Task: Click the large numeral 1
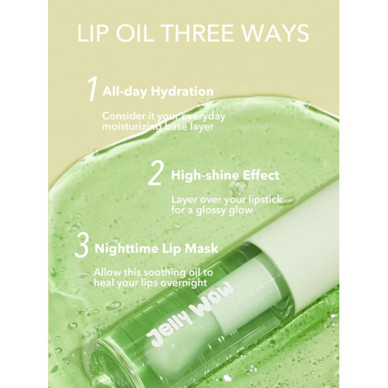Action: [x=92, y=90]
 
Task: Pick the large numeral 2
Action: [x=155, y=174]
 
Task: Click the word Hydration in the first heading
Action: [x=182, y=92]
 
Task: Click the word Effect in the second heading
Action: [x=261, y=175]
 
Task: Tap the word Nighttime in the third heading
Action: [x=126, y=248]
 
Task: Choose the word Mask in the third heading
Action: [x=202, y=248]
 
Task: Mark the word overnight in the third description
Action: [x=183, y=283]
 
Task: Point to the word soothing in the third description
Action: [x=164, y=273]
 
